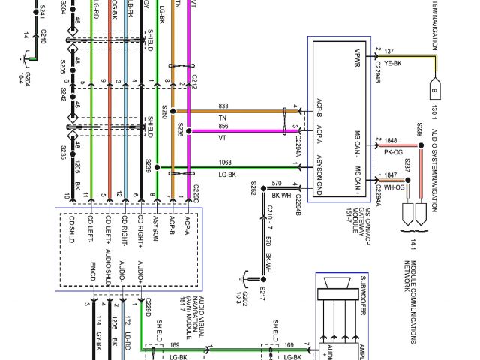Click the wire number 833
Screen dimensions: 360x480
tap(223, 106)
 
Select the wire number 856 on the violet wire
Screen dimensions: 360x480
tap(223, 126)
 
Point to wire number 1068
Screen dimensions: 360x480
tap(225, 162)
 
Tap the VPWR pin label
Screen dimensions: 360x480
tap(358, 57)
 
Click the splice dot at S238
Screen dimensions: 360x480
tap(420, 148)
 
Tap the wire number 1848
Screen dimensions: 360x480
tap(391, 140)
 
